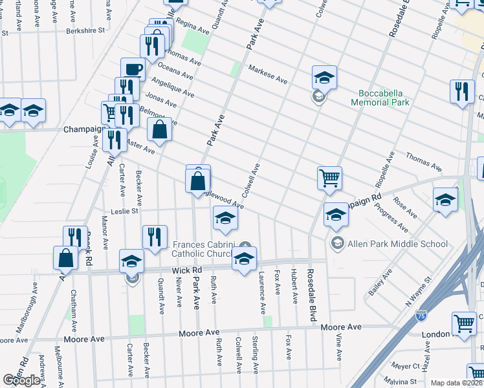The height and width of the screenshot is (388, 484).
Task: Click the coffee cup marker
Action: [x=133, y=69]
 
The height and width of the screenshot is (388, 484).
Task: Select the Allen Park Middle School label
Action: [x=398, y=244]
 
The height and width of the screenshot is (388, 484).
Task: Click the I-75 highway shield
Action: [x=421, y=315]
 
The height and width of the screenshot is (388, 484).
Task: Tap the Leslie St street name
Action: [x=126, y=210]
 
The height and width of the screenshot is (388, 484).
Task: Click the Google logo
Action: [x=21, y=380]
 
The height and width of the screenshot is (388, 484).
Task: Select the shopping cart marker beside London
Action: [x=465, y=323]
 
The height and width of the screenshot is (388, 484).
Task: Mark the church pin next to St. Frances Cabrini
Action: [x=245, y=244]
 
